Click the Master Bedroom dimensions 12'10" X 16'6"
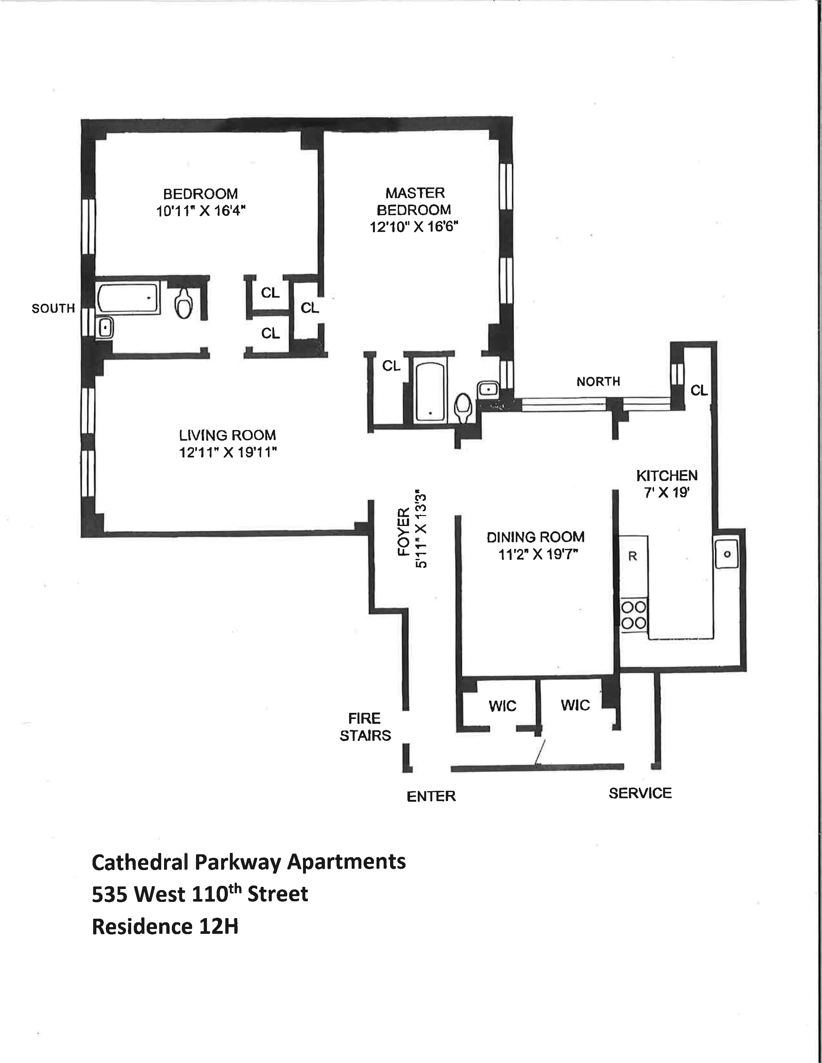pos(415,227)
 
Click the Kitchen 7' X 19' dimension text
pos(666,493)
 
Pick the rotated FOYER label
pos(404,531)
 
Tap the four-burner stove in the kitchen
pos(633,615)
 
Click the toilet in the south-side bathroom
pos(184,302)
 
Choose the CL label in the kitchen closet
pos(699,390)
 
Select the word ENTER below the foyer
pos(431,796)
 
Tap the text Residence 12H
pos(165,927)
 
